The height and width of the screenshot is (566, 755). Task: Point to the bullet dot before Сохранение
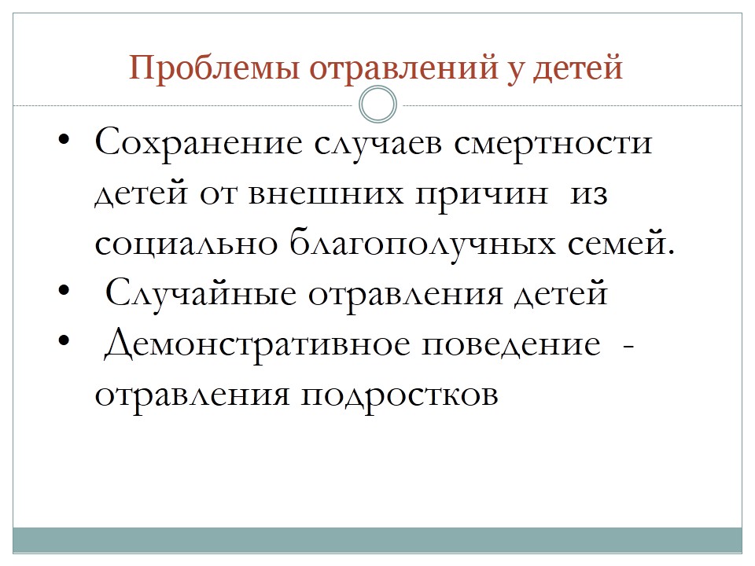(64, 141)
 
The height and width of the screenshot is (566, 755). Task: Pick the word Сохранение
(198, 143)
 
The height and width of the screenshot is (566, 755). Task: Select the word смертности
(553, 145)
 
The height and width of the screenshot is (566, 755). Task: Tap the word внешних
(326, 194)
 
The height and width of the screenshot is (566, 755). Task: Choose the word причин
(481, 197)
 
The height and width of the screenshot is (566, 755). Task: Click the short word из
(588, 194)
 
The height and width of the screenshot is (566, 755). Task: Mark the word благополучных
(423, 244)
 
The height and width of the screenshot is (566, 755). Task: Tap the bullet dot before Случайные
(64, 291)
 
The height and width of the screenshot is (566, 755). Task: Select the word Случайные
(201, 293)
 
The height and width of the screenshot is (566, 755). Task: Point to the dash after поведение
(628, 346)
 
